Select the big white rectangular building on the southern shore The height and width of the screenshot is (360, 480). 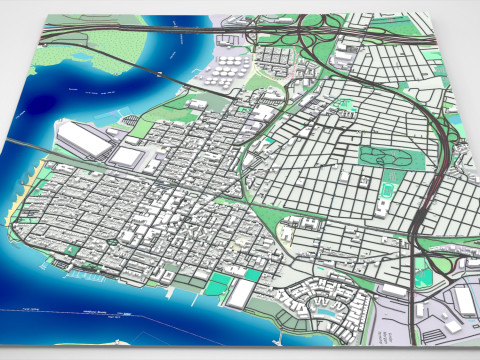pos(242,293)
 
